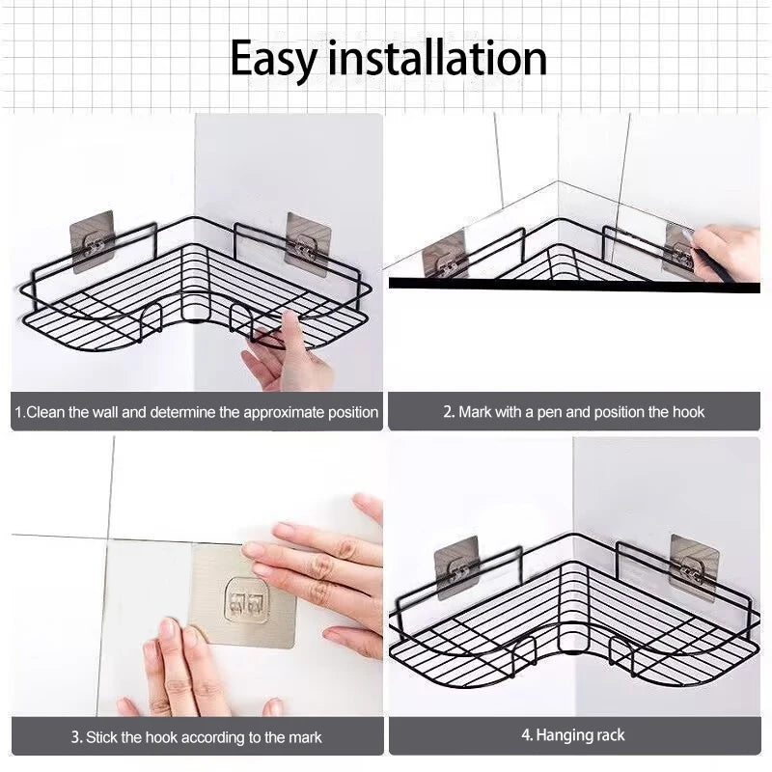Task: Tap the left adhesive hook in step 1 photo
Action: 93,241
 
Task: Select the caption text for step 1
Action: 196,412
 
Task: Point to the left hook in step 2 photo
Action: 445,255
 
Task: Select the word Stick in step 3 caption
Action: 101,737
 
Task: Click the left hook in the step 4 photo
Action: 456,567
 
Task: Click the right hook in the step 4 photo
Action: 694,566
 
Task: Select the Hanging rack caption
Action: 573,735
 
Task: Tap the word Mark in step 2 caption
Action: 475,412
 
